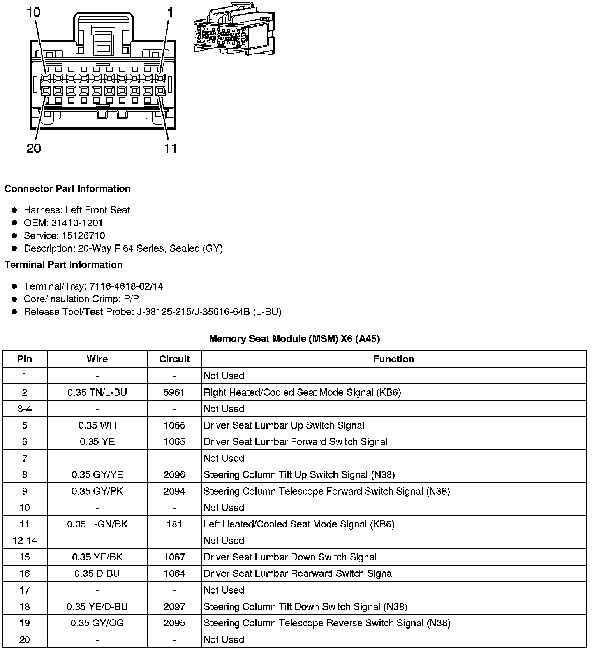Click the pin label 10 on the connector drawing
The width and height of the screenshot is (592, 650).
tap(33, 12)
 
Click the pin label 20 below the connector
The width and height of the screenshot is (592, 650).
tap(34, 148)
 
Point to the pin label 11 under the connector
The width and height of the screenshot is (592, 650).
tap(170, 148)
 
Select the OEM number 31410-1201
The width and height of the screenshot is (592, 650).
tap(77, 223)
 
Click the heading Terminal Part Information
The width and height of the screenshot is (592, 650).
tap(63, 265)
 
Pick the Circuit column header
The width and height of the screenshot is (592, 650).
tap(174, 359)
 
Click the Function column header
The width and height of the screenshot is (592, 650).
tap(393, 359)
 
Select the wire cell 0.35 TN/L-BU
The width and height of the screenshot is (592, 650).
tap(97, 392)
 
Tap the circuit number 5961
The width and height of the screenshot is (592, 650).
tap(174, 392)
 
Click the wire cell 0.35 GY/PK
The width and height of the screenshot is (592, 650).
tap(97, 491)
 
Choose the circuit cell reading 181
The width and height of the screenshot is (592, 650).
tap(174, 524)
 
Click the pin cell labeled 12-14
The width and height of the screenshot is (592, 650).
tap(25, 540)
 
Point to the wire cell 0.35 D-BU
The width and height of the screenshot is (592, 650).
tap(97, 573)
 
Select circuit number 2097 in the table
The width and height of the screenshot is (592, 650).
tap(174, 606)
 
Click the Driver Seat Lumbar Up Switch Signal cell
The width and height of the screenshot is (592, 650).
tap(284, 425)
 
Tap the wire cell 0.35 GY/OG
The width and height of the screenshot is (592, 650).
tap(97, 623)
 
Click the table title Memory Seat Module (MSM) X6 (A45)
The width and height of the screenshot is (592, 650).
tap(294, 338)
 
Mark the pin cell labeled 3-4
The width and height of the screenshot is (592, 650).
tap(25, 409)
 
